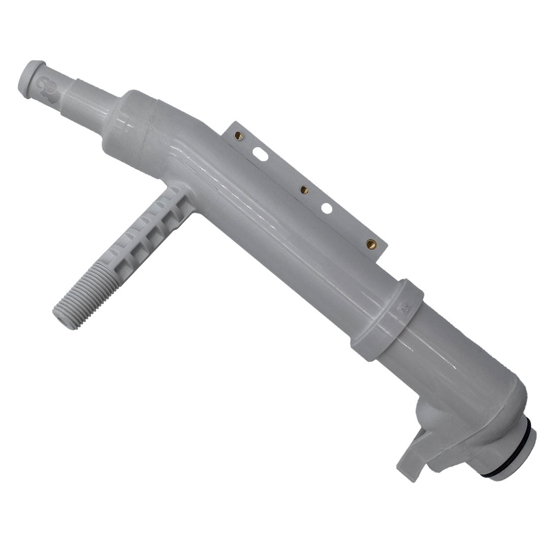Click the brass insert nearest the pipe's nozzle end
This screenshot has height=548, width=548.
pos(239,135)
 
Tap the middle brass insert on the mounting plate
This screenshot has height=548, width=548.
pos(304,189)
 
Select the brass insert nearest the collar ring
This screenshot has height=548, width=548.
pos(370,244)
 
